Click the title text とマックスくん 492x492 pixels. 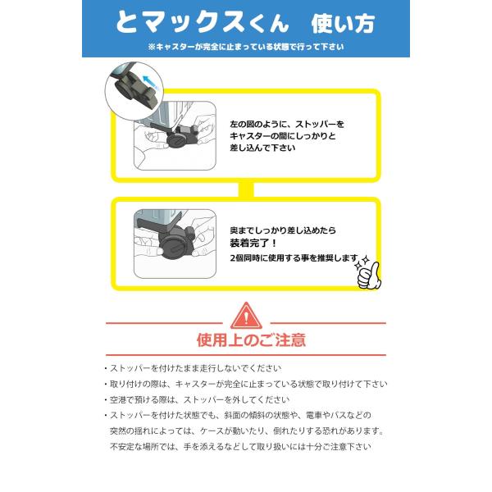click(202, 22)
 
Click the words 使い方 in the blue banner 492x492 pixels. click(343, 24)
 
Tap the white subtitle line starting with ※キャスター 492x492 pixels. click(246, 47)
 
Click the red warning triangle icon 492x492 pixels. click(246, 316)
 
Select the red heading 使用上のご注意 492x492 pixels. click(251, 339)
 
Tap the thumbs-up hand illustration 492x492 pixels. click(368, 275)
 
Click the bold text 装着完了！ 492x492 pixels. click(253, 243)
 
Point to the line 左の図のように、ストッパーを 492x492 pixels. click(287, 125)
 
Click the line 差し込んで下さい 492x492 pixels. click(262, 148)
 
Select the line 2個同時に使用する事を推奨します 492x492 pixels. click(294, 258)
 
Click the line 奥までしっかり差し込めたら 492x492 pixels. click(283, 230)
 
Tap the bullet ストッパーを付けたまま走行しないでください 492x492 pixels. click(193, 368)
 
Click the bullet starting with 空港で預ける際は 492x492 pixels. click(197, 399)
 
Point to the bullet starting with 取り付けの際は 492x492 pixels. click(246, 384)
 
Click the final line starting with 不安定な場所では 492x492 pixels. click(240, 447)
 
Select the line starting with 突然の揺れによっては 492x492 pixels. click(247, 430)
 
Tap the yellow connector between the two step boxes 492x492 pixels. click(246, 189)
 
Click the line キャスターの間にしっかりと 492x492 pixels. click(283, 136)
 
